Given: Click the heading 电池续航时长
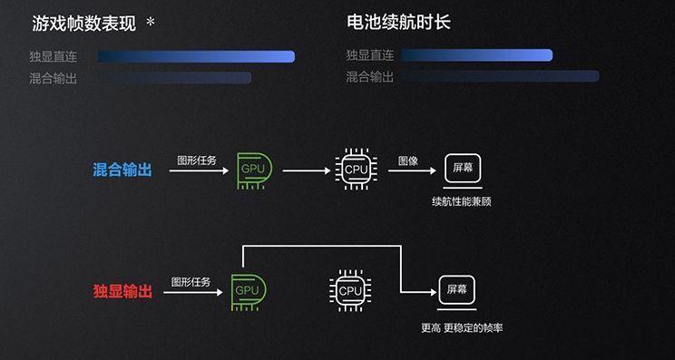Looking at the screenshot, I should tap(398, 23).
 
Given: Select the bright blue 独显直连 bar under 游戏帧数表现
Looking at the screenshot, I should tap(196, 56).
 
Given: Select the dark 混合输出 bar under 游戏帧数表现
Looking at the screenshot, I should tap(173, 78).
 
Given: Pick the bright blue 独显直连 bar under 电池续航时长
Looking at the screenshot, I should tap(476, 55).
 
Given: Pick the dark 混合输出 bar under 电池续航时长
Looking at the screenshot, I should tap(500, 77).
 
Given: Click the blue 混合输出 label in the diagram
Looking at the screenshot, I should tap(122, 170).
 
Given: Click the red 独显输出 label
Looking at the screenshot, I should tap(122, 291).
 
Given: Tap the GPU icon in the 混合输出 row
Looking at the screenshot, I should tap(252, 169).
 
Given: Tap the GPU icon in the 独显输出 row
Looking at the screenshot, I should tap(247, 290).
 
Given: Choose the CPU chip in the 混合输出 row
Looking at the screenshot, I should tap(356, 169).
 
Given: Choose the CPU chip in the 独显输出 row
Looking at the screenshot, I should tap(349, 290).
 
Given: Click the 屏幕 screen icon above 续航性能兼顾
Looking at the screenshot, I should tap(463, 169).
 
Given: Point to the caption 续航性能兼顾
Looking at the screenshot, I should tap(462, 201).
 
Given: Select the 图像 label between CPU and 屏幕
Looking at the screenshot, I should tap(408, 161).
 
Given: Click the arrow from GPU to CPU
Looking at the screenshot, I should tap(307, 170).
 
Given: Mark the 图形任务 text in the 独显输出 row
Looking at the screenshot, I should tap(191, 282).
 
